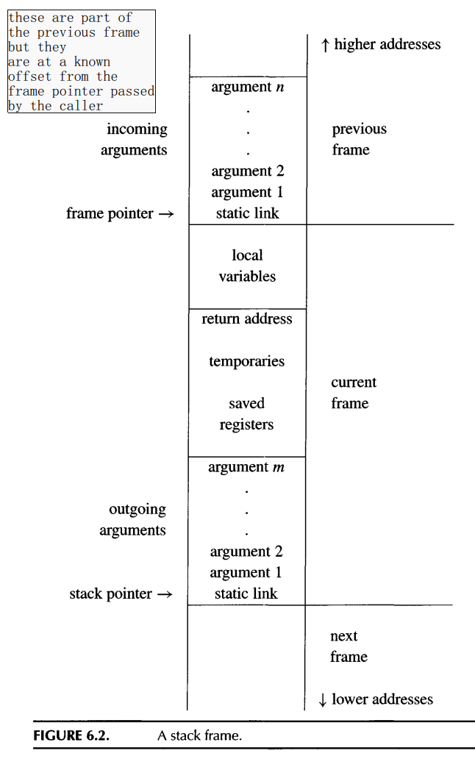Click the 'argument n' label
[247, 87]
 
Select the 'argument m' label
[246, 467]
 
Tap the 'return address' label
[247, 319]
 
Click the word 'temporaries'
[246, 361]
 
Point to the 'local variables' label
[247, 266]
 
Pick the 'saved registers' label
[246, 414]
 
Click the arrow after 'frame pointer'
[166, 214]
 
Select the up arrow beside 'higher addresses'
[325, 46]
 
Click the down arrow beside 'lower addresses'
[322, 700]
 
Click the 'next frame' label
[348, 646]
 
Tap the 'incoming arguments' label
[136, 139]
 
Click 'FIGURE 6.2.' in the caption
[71, 735]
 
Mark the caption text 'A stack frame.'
[199, 735]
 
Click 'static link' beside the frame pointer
[247, 214]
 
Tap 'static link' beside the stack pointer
[246, 594]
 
